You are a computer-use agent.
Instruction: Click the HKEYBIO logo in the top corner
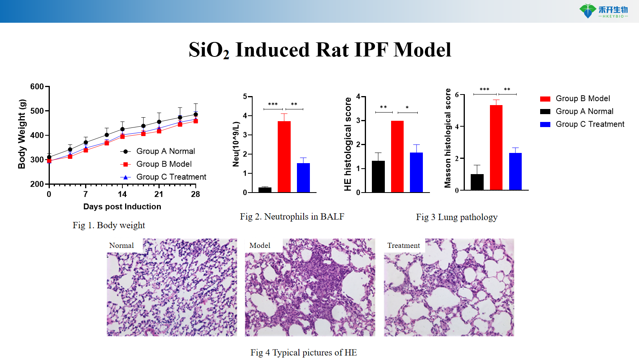tap(604, 11)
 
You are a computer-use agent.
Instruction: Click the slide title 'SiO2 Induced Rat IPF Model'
tap(320, 50)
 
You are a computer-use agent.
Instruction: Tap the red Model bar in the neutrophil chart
tap(284, 156)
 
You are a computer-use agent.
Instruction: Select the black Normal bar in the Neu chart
tap(265, 190)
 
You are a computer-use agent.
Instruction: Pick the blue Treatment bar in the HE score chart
tap(416, 172)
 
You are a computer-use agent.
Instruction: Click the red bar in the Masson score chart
tap(496, 147)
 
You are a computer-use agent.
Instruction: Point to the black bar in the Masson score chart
tap(477, 182)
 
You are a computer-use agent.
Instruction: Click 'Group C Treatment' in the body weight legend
tap(171, 177)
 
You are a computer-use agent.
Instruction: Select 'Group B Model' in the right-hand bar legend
tap(583, 98)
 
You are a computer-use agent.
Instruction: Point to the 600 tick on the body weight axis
tap(37, 87)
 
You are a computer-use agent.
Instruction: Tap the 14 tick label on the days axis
tap(122, 194)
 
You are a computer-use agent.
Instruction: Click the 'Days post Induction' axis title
tap(122, 207)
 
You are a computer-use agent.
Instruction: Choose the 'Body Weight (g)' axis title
tap(22, 134)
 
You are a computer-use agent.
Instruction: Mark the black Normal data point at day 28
tap(196, 115)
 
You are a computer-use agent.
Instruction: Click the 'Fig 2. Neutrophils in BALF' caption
tap(292, 216)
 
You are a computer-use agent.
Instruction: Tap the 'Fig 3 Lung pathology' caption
tap(457, 217)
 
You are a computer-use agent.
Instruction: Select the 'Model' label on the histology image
tap(260, 245)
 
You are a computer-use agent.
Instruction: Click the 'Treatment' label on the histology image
tap(403, 245)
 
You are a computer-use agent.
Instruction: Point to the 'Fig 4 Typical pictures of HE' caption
tap(304, 353)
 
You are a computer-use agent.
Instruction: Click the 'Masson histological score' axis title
tap(448, 138)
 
